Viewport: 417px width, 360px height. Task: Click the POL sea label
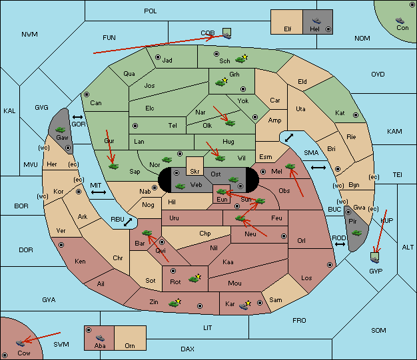pos(151,11)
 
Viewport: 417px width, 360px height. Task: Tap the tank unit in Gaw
pos(61,130)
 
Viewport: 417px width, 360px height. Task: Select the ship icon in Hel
pos(316,21)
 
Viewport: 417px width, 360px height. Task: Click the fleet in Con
pos(400,21)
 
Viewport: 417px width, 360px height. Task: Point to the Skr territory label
pos(195,172)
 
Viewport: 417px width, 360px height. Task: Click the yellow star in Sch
pos(245,57)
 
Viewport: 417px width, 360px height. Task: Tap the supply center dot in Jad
pos(158,57)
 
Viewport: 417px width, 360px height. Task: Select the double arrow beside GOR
pos(78,117)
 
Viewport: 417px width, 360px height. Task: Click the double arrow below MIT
pos(99,192)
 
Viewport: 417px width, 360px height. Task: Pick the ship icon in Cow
pos(20,343)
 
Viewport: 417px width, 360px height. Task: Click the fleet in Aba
pos(100,338)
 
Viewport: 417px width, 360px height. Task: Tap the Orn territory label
pos(130,345)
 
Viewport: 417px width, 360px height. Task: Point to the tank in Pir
pos(356,233)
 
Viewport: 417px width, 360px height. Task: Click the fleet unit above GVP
pos(375,258)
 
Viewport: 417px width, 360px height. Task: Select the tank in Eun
pos(222,192)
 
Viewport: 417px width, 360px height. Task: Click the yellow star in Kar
pos(248,303)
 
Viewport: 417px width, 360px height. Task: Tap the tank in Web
pos(180,186)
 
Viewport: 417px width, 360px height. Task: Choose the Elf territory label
pos(288,29)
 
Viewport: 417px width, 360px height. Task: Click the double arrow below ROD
pos(340,244)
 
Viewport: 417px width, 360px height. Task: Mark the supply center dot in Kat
pos(356,115)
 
